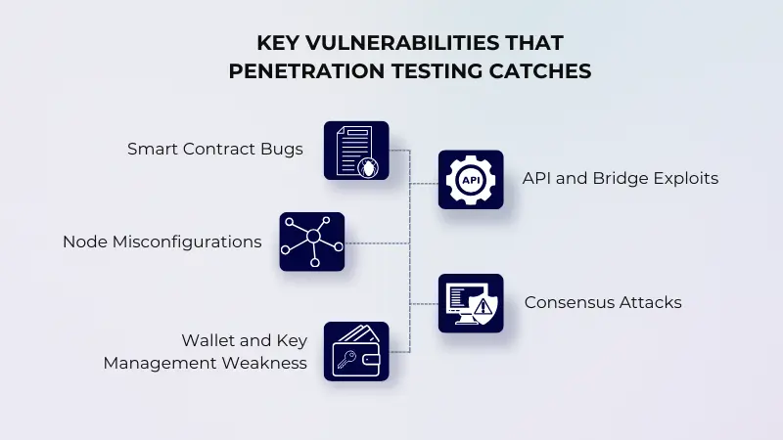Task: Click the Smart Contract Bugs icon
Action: click(356, 151)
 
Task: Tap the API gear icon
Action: click(470, 180)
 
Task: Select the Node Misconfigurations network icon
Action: click(312, 242)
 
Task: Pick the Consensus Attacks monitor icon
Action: click(470, 303)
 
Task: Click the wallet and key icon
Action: click(356, 351)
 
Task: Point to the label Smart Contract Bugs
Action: click(215, 150)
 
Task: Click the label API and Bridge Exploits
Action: click(621, 178)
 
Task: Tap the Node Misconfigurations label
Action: click(162, 241)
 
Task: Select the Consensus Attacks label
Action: click(603, 302)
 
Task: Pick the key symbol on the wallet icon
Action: click(348, 359)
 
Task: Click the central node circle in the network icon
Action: click(312, 238)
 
